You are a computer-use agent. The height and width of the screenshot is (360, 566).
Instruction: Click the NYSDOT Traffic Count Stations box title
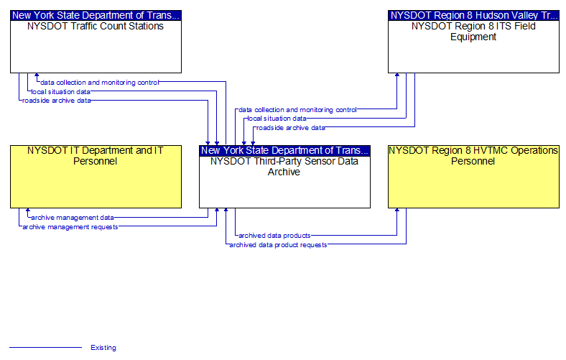[96, 27]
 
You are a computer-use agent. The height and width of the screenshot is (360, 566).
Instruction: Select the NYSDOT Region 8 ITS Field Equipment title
[473, 32]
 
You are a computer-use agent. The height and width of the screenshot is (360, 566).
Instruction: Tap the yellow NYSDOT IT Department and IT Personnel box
[96, 177]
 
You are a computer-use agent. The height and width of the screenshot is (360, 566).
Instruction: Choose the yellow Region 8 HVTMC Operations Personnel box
[473, 177]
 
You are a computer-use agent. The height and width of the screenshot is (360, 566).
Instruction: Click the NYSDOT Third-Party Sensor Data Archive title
[284, 167]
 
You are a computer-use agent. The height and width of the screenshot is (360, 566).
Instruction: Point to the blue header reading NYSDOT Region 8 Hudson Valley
[473, 16]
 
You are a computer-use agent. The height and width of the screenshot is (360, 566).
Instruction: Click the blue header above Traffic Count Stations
[96, 16]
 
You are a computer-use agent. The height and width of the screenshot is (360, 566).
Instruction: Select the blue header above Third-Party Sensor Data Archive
[285, 151]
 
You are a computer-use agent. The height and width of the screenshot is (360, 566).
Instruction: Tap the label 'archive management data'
[73, 218]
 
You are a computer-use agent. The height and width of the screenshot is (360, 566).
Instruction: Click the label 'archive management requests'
[70, 227]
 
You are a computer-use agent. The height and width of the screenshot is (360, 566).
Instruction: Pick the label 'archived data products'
[274, 236]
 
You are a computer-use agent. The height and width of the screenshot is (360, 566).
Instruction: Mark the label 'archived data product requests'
[278, 245]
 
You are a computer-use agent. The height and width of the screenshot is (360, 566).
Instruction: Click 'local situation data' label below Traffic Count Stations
[60, 92]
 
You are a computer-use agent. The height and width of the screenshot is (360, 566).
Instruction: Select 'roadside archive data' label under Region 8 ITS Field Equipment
[291, 128]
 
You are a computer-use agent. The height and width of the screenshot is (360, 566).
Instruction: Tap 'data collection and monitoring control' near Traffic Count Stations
[100, 83]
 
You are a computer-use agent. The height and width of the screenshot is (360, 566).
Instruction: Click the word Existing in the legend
[103, 348]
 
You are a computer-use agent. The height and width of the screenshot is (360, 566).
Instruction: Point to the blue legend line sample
[45, 348]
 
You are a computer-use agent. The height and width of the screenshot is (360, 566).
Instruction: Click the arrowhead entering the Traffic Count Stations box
[37, 75]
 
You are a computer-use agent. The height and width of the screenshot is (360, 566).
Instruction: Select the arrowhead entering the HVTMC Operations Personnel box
[397, 210]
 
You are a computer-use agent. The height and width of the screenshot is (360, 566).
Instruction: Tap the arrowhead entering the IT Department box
[28, 210]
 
